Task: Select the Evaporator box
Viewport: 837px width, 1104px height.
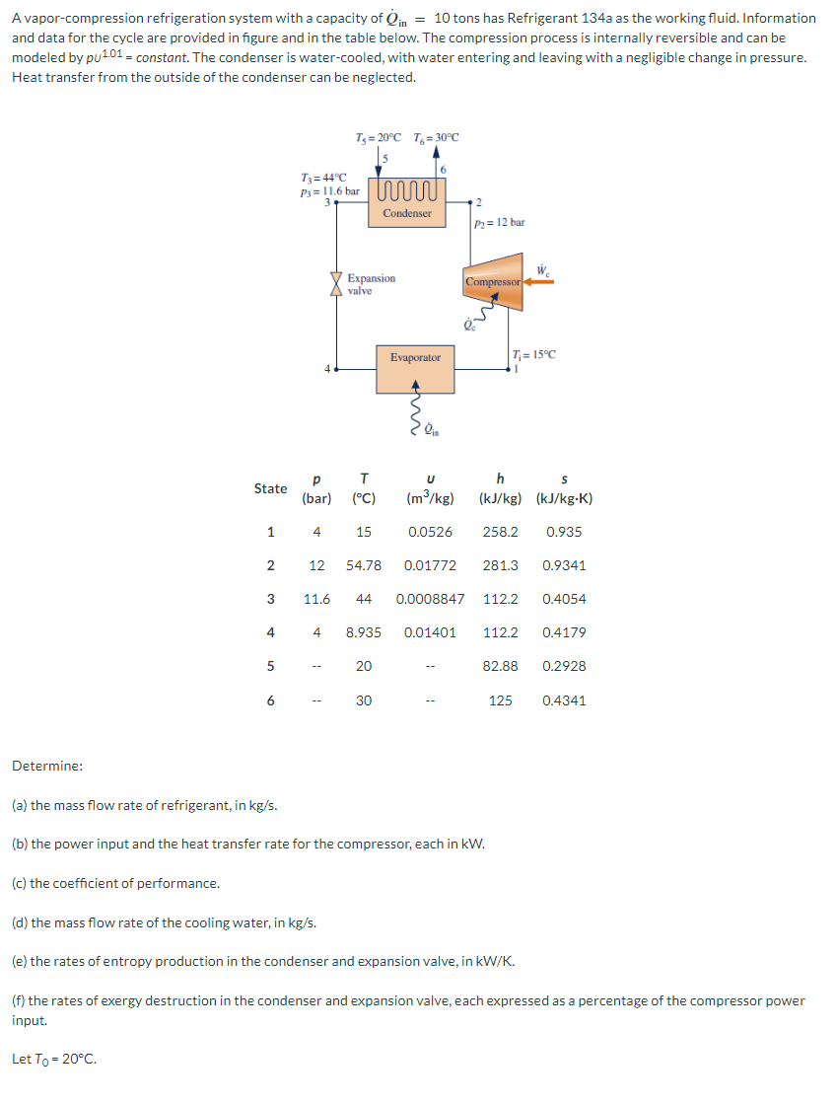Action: [415, 368]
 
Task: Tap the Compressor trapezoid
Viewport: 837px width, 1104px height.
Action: [494, 282]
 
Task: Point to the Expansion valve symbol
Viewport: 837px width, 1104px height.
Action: [338, 283]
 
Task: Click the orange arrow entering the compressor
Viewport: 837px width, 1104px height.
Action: [540, 282]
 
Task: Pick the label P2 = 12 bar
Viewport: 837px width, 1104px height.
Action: [500, 223]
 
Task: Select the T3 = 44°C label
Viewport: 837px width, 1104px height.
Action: [323, 177]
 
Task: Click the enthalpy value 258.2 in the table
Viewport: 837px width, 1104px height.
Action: [501, 532]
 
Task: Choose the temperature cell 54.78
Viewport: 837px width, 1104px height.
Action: [364, 565]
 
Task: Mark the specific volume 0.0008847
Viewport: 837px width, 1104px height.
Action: [430, 599]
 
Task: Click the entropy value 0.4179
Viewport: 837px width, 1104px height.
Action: [564, 632]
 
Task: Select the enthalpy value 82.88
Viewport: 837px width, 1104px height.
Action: [501, 666]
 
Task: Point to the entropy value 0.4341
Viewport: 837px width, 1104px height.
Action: [564, 700]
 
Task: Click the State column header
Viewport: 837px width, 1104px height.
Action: [270, 488]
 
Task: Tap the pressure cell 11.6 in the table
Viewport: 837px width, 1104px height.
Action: [316, 599]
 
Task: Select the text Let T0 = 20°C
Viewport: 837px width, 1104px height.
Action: [54, 1061]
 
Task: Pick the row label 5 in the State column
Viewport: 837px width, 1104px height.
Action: [270, 666]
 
